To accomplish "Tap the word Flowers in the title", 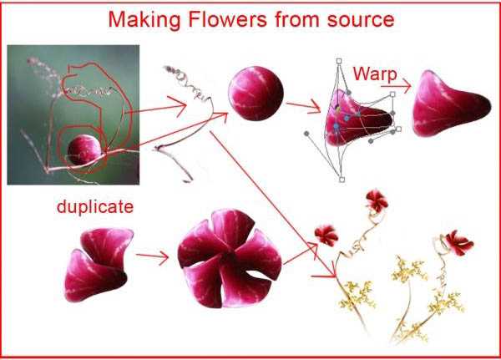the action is (227, 19).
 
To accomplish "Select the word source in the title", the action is (361, 20).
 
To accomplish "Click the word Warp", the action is (375, 75).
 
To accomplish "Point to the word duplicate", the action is (95, 206).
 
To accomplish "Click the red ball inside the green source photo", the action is (84, 150).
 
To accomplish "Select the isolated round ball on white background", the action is (256, 94).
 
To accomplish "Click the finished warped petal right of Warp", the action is (451, 104).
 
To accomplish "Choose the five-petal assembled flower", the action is (229, 258).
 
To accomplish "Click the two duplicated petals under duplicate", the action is (98, 264).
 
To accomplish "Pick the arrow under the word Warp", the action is (396, 86).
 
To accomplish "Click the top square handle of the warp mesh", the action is (339, 61).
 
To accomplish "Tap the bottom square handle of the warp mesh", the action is (342, 180).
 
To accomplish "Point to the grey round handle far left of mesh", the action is (306, 134).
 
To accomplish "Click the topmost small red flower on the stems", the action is (377, 200).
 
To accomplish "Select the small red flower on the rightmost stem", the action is (459, 243).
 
